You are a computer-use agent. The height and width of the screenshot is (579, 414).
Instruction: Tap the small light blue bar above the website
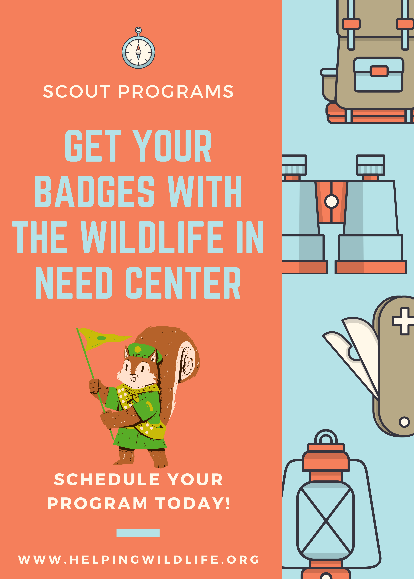138,533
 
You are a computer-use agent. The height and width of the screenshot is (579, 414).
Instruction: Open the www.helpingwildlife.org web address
138,560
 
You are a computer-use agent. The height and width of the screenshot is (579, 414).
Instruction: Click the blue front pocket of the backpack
378,74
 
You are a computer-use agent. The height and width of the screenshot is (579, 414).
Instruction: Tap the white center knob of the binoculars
331,201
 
